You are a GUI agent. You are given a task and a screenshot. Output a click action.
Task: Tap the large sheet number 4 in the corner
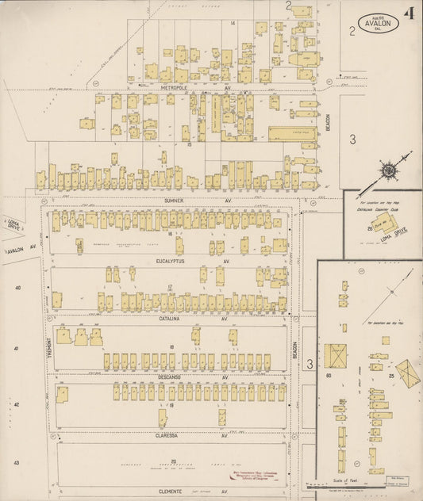tap(409, 13)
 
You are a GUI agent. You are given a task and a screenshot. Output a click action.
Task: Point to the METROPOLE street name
tap(172, 87)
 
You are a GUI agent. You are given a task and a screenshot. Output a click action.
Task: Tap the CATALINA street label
tap(169, 319)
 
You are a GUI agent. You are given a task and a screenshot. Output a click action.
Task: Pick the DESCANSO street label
tap(168, 377)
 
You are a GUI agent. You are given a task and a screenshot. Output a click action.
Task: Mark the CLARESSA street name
tap(169, 435)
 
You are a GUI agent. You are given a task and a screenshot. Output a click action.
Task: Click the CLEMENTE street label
tap(169, 491)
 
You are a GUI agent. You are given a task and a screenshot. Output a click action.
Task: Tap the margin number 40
tap(17, 288)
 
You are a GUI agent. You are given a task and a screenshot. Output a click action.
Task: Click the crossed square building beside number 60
tap(335, 355)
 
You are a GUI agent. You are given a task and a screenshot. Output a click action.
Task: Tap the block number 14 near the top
tap(233, 23)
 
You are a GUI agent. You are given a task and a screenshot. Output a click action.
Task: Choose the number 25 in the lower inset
tap(391, 373)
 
